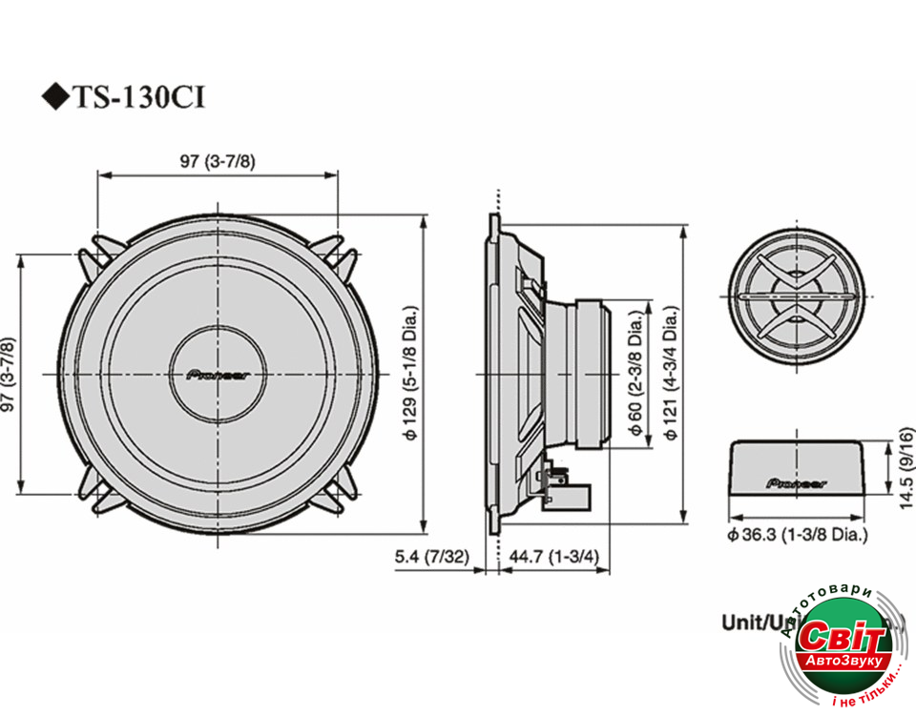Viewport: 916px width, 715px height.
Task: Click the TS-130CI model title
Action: (139, 98)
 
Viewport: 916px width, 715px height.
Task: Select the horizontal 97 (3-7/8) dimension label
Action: (218, 161)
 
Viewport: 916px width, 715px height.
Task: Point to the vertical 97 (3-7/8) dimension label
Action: (9, 376)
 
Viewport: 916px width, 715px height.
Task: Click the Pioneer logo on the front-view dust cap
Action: (220, 375)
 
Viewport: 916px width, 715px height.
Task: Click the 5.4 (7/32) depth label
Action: (431, 558)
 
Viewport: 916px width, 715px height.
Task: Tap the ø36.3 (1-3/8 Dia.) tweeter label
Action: (798, 536)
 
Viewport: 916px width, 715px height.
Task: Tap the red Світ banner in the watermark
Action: (837, 637)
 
